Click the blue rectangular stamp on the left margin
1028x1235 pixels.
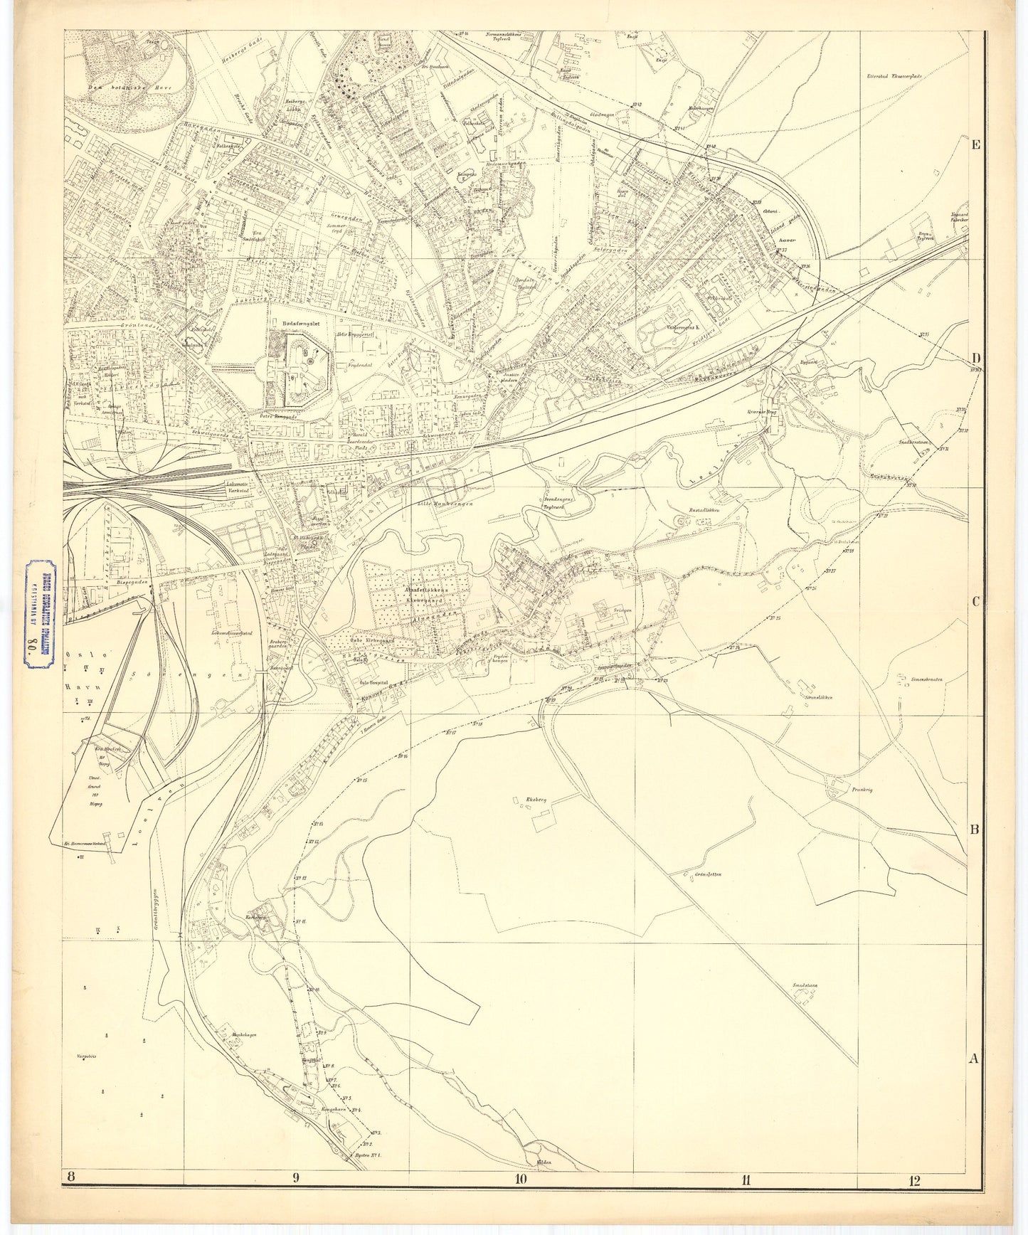click(41, 615)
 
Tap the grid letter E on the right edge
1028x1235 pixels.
click(977, 145)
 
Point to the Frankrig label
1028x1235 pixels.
click(861, 789)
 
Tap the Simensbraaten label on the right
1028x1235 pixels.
click(925, 679)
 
